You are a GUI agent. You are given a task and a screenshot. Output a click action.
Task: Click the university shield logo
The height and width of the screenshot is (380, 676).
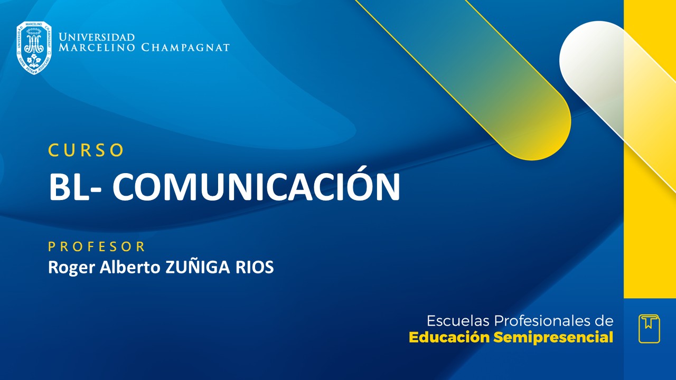coord(34,47)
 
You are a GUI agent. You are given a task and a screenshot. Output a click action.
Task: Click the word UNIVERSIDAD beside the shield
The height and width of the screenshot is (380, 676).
coord(97,37)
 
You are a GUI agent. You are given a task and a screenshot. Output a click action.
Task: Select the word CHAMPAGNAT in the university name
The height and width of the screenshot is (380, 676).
coord(185,48)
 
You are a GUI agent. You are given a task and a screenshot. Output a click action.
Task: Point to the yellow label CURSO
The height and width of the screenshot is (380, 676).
coord(86,150)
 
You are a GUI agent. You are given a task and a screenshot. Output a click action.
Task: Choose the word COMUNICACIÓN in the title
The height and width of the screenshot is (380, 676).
coord(256,187)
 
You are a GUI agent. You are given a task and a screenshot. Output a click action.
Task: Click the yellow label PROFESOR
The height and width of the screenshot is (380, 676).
coord(97,246)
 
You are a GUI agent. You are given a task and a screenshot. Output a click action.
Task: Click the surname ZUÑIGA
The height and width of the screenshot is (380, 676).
coord(196,267)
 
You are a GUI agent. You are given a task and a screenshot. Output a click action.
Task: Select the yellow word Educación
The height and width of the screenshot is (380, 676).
coord(449,337)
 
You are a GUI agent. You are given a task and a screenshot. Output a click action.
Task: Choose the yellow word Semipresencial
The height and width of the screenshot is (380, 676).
coord(553,338)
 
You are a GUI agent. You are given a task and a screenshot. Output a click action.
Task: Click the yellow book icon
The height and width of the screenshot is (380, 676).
coord(649,329)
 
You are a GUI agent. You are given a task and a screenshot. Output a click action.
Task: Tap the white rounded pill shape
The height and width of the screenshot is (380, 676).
coord(591,58)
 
